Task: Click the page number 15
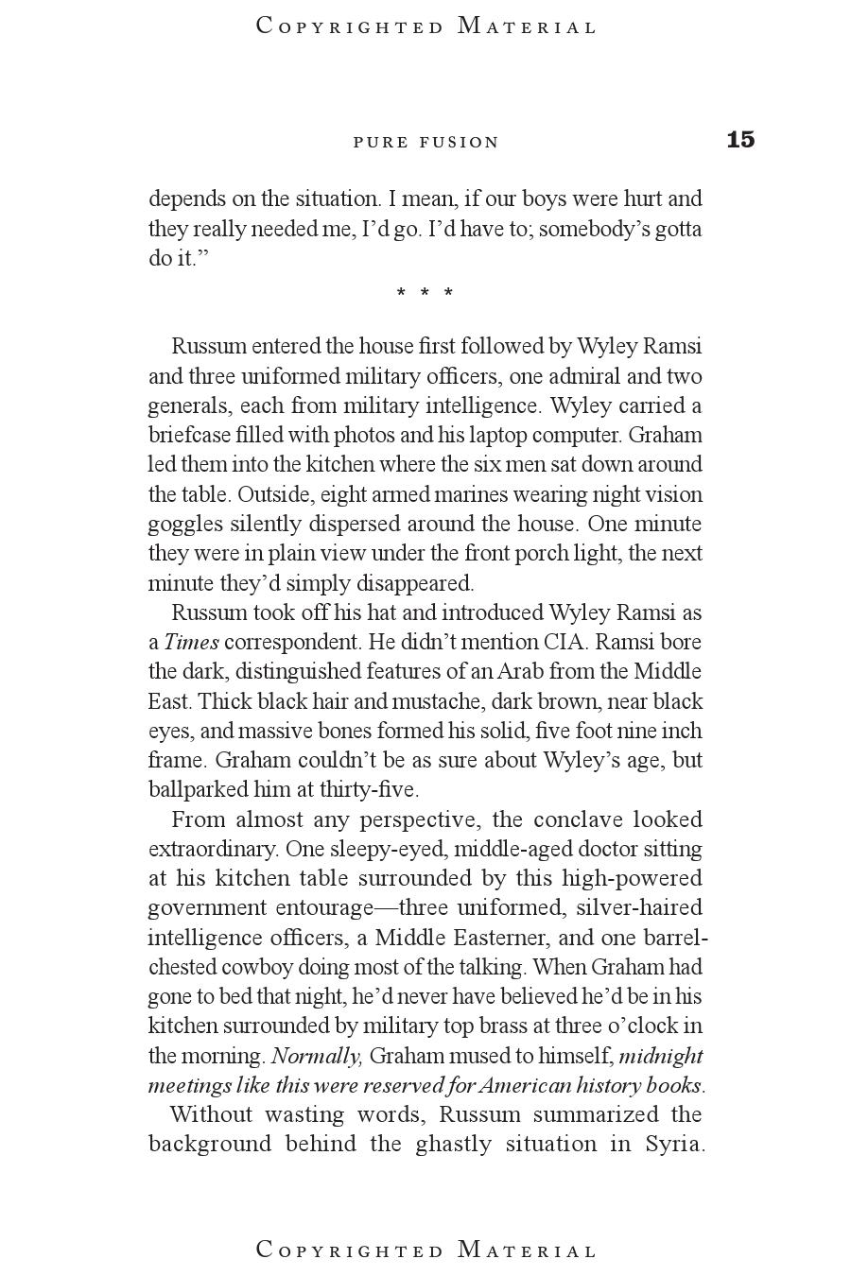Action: click(x=740, y=140)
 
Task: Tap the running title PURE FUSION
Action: click(x=425, y=143)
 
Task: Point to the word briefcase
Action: click(x=189, y=435)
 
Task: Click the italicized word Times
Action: click(x=191, y=642)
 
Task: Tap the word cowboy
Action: click(x=259, y=967)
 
